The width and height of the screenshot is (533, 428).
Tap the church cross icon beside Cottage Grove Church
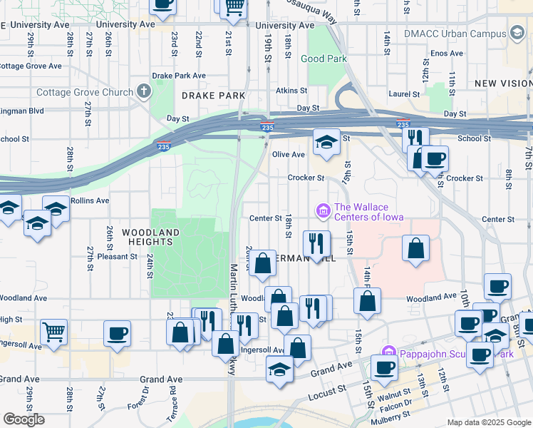coord(144,91)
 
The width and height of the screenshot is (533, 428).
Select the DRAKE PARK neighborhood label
coord(213,95)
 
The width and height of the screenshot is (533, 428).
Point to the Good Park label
coord(323,58)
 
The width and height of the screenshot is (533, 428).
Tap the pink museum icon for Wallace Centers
coord(322,210)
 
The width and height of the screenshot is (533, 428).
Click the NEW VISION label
coord(503,83)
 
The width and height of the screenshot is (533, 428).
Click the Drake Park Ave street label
coord(179,76)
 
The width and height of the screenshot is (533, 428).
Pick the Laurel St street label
coord(403,93)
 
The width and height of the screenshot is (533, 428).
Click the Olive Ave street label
coord(288,154)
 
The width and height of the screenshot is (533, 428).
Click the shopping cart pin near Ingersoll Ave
coord(54,332)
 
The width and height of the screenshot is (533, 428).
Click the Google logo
coord(24,419)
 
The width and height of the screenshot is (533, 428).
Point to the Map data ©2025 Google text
coord(488,422)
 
